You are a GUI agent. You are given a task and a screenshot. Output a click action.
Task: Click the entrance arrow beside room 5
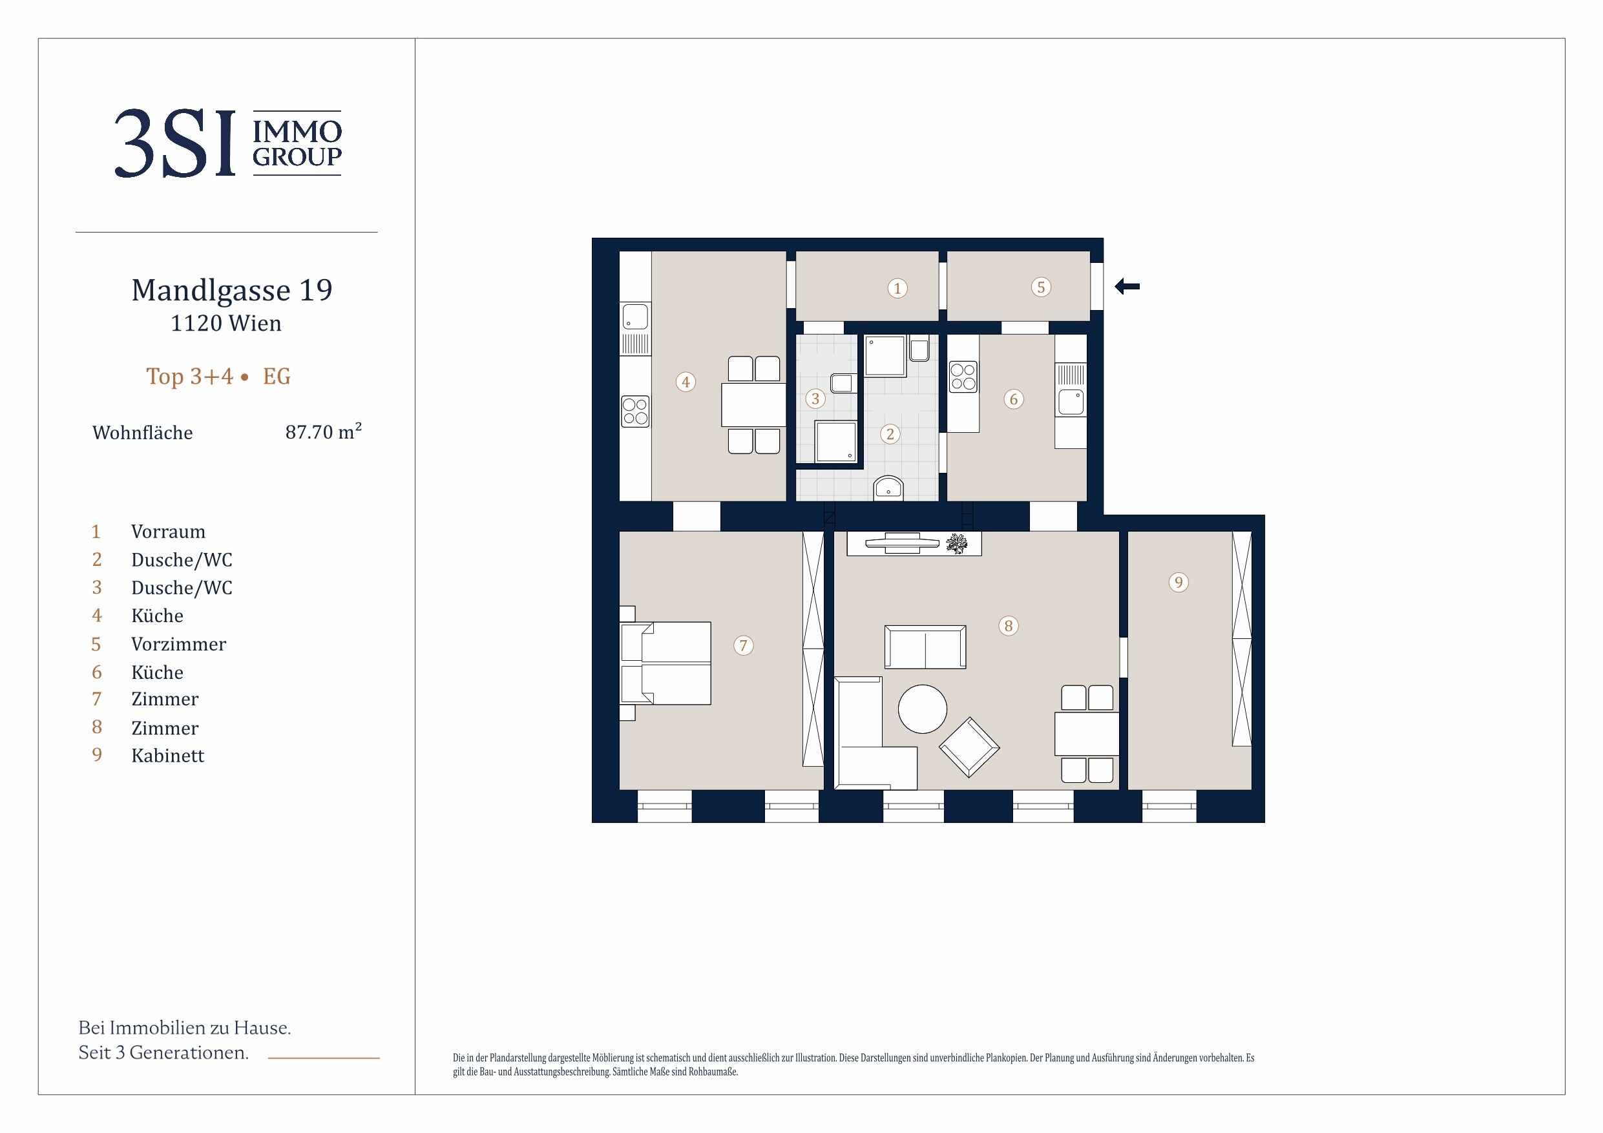pos(1127,286)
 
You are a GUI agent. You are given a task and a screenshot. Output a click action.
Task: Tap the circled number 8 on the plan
pos(1008,625)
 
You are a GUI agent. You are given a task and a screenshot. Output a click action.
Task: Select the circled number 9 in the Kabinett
pos(1179,582)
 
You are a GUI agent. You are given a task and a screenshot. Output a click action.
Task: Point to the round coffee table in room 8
pos(922,709)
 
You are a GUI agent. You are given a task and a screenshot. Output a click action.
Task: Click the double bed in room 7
pos(665,663)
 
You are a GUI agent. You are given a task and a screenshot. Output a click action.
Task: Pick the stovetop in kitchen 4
pos(635,411)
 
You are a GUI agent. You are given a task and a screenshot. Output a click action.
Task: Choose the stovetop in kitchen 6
pos(963,377)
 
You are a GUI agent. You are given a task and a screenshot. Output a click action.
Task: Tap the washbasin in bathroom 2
pos(888,489)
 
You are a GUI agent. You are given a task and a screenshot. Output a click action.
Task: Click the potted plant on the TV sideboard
pos(956,544)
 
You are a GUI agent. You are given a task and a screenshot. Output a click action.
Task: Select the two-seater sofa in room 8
pos(925,647)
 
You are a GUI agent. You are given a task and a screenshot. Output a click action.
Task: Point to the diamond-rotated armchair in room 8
pos(969,747)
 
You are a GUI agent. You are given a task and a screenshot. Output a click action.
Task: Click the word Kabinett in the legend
pos(167,755)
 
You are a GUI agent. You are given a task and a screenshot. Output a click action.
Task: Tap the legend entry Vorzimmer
pos(179,643)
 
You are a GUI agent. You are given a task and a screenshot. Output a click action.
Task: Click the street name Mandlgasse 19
pos(232,289)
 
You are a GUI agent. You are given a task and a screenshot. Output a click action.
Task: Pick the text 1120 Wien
pos(226,323)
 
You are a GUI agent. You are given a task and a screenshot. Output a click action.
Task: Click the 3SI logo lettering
pos(175,144)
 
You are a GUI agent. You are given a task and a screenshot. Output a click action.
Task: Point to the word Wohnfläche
pos(142,433)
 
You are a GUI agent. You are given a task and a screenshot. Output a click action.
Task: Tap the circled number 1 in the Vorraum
pos(897,287)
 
